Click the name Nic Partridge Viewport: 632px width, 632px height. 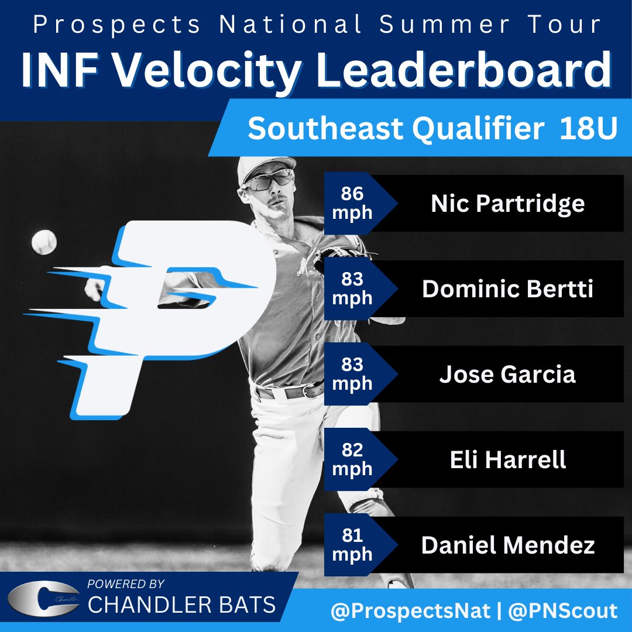(507, 203)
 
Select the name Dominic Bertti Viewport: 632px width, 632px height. (507, 289)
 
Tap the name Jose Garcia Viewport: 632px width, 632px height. (507, 375)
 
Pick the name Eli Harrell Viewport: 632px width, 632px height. (507, 460)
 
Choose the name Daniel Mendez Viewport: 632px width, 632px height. (507, 545)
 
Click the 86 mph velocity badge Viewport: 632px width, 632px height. (352, 203)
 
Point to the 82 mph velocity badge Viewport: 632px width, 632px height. (352, 460)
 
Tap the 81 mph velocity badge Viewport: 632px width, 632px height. (352, 545)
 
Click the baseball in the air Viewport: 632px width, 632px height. (44, 242)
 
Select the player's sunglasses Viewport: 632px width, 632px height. (269, 179)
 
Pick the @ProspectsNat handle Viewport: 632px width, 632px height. (410, 612)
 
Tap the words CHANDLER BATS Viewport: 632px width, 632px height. (181, 605)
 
